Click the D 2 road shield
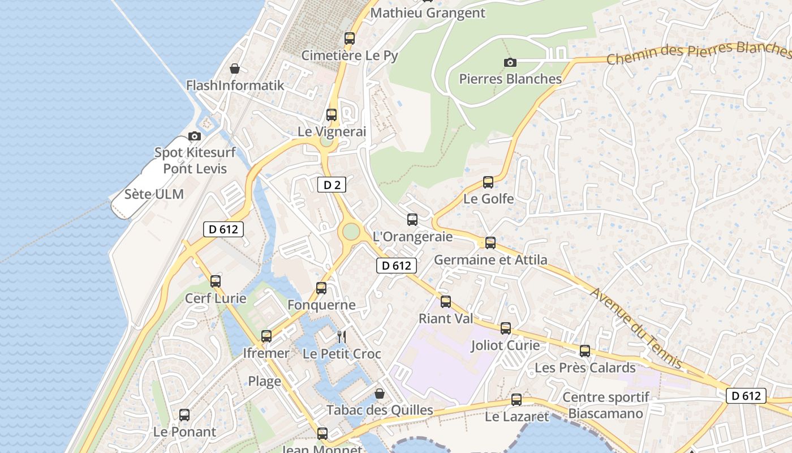[332, 184]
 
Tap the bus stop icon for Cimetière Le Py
[350, 39]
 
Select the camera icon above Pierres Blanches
[510, 62]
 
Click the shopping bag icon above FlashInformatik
[235, 69]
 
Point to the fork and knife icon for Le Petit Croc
[341, 337]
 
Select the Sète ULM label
[154, 194]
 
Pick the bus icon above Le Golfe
[488, 182]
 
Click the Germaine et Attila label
[490, 260]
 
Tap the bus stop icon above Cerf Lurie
[215, 281]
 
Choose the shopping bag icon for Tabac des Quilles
[380, 394]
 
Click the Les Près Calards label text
[585, 368]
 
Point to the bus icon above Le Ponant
[184, 415]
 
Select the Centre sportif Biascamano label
[605, 405]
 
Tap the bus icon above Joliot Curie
[505, 328]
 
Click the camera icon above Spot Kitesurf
[195, 136]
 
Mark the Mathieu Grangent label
[428, 12]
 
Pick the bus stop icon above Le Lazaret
[516, 400]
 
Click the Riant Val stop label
[446, 319]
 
